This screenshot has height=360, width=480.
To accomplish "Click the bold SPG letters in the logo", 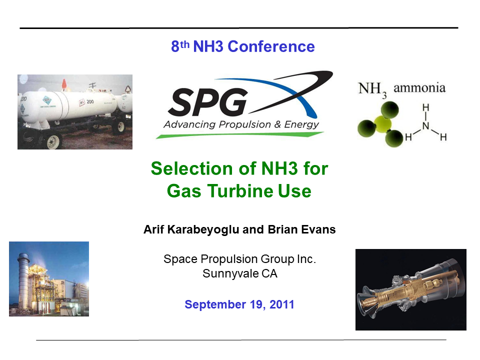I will pos(207,101).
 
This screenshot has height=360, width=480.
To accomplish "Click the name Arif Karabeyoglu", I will pos(189,230).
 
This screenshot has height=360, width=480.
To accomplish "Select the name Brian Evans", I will pos(305,230).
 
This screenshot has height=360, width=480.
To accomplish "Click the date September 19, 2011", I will pos(239,304).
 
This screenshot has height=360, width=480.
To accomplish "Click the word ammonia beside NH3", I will pos(419,88).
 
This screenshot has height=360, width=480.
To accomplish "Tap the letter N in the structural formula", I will pos(425,126).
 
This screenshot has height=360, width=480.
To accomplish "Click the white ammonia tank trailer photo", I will pos(75,111).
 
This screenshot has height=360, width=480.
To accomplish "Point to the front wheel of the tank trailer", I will pos(52,141).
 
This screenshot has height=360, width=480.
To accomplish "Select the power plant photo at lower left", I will pos(48,278).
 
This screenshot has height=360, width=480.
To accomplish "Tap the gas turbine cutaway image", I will pos(410,289).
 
